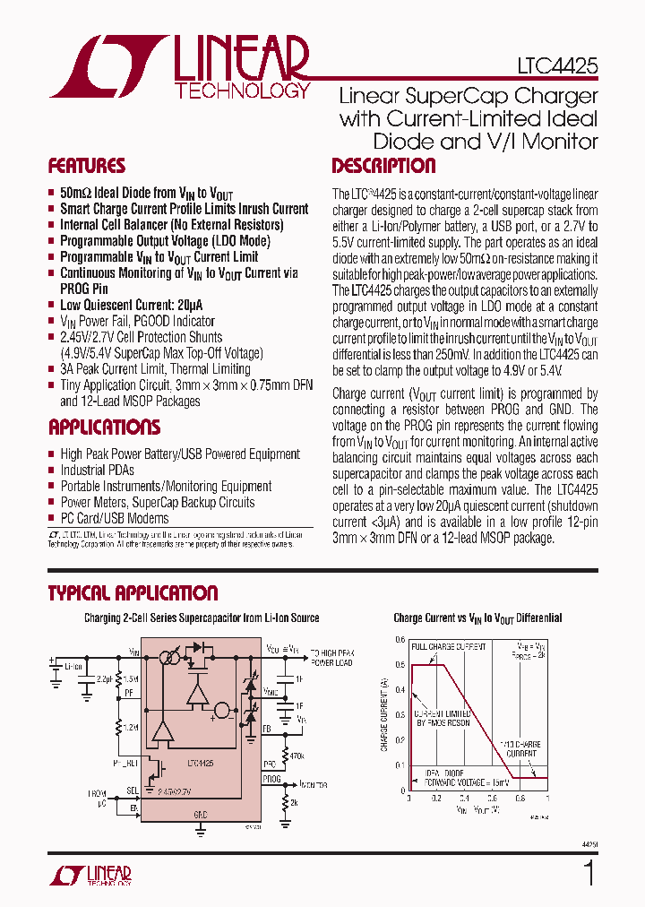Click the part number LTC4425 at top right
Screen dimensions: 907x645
point(556,66)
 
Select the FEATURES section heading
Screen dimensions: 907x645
point(86,166)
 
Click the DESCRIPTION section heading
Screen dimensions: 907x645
point(383,166)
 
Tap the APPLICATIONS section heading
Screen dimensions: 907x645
point(104,427)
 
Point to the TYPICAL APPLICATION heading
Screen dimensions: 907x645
point(132,593)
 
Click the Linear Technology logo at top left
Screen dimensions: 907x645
point(179,66)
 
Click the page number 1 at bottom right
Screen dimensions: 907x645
point(589,872)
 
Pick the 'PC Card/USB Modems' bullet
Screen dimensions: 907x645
point(114,518)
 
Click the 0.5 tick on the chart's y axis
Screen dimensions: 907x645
point(400,664)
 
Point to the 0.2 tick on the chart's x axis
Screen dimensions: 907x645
point(436,797)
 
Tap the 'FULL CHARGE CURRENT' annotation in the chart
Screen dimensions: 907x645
point(448,646)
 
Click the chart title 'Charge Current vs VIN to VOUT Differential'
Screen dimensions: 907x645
point(477,618)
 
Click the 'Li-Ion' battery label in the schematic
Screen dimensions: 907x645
point(73,666)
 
